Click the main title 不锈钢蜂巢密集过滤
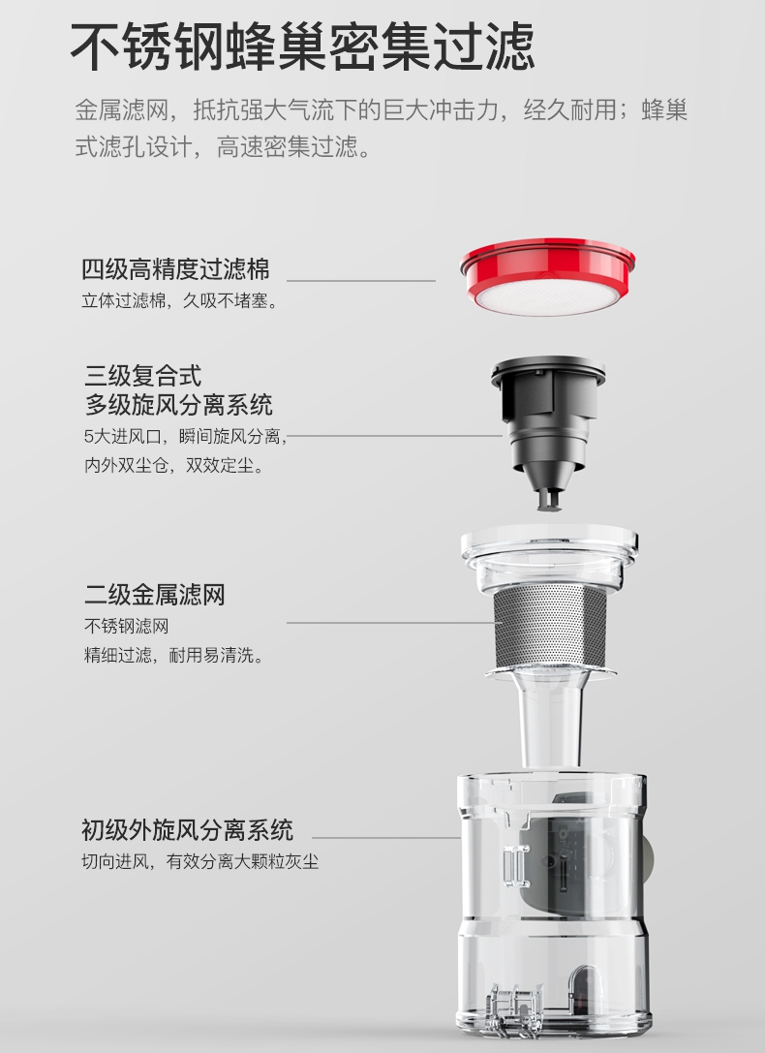click(302, 46)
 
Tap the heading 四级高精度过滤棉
click(175, 268)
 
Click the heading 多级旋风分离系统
click(178, 404)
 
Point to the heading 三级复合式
click(143, 374)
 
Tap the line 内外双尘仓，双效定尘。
click(173, 466)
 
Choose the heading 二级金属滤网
click(154, 594)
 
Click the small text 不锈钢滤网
click(126, 626)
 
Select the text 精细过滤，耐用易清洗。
click(174, 656)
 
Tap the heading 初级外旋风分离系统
click(187, 830)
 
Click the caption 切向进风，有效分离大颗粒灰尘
click(200, 861)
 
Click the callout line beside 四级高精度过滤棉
click(360, 280)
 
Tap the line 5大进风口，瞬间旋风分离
click(186, 436)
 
